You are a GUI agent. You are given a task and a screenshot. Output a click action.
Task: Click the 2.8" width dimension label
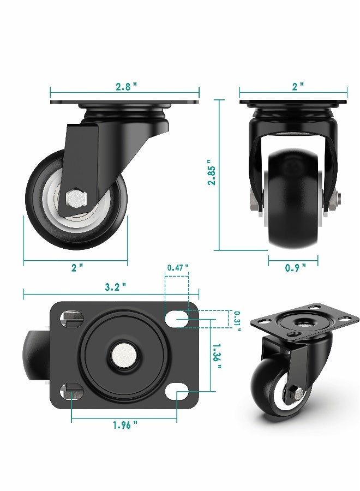pos(125,86)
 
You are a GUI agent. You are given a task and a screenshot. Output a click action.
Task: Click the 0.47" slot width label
pos(178,267)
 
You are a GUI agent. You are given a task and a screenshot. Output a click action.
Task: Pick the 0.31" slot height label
pos(237,319)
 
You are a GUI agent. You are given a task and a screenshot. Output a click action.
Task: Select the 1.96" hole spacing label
pos(125,425)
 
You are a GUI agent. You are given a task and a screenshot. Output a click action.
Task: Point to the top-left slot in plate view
pos(70,319)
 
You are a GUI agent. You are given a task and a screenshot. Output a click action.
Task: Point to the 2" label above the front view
pos(297,86)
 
